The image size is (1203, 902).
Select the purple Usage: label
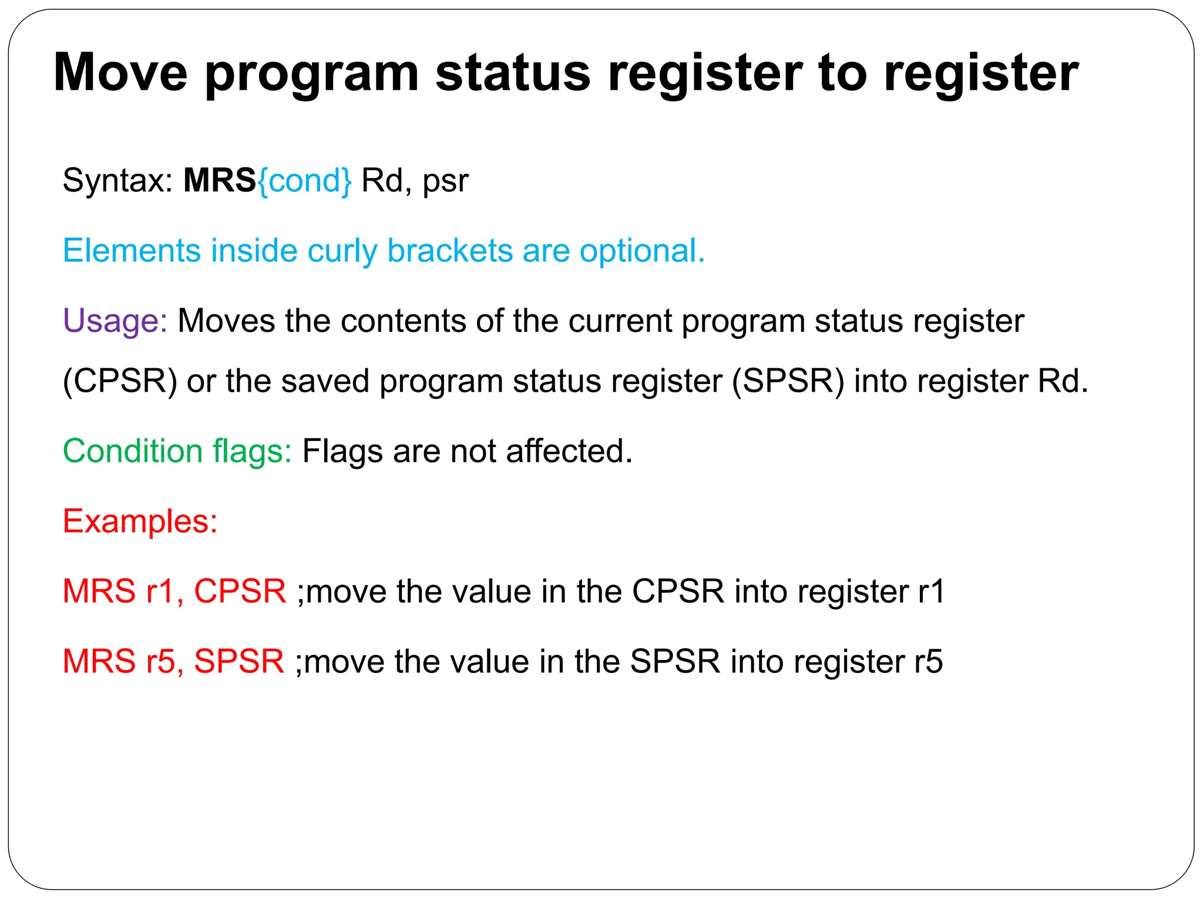coord(115,321)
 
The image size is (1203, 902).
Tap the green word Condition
coord(132,451)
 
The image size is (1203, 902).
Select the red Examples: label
coord(140,521)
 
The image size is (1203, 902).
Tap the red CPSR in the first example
coord(240,591)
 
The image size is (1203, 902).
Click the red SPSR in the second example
coord(238,661)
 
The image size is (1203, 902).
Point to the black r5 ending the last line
coord(928,661)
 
